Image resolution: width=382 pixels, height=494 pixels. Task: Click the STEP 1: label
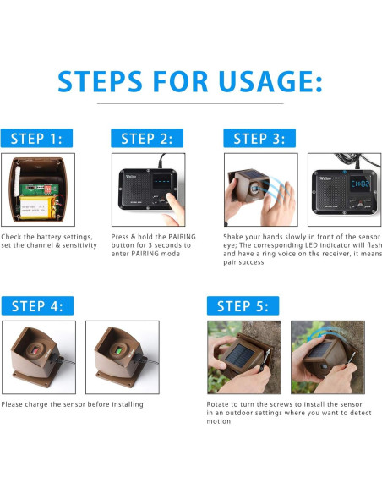[36, 138]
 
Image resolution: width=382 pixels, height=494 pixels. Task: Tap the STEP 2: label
[147, 138]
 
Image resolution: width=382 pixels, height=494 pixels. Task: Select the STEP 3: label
[259, 138]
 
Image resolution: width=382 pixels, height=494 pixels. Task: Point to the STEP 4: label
[37, 305]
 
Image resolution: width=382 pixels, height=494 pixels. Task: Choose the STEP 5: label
[243, 305]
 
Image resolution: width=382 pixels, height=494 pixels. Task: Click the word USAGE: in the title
[270, 81]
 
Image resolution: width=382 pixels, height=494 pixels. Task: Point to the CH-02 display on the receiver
[360, 184]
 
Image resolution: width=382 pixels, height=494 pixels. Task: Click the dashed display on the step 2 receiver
[161, 182]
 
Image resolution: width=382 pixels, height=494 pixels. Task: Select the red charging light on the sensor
[35, 350]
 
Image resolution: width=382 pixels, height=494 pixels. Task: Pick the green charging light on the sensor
[119, 350]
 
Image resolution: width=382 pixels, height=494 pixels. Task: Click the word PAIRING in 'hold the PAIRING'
[182, 237]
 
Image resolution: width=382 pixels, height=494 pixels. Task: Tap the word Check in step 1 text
[11, 237]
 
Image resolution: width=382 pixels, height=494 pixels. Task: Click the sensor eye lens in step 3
[254, 189]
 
